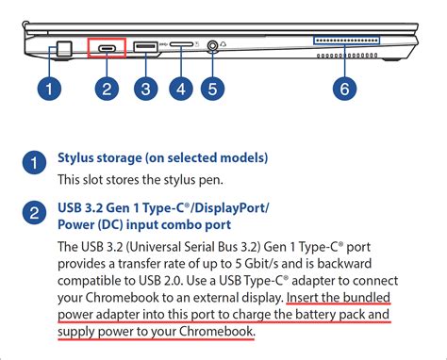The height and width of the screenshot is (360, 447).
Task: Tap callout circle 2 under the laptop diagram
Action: [108, 90]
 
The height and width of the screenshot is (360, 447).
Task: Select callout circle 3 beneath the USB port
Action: [144, 90]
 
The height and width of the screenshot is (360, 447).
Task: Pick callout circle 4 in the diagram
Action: [181, 90]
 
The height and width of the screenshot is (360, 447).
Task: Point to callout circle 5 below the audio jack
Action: [214, 90]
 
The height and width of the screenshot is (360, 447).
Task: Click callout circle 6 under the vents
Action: [347, 90]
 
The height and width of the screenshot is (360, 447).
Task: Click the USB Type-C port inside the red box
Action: [107, 47]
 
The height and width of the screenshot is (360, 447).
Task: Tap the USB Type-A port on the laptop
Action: [144, 46]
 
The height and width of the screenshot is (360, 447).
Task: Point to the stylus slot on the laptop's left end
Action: [63, 47]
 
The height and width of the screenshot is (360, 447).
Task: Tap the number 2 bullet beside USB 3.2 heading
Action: [33, 214]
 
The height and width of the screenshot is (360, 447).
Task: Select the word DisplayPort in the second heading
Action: [228, 206]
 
